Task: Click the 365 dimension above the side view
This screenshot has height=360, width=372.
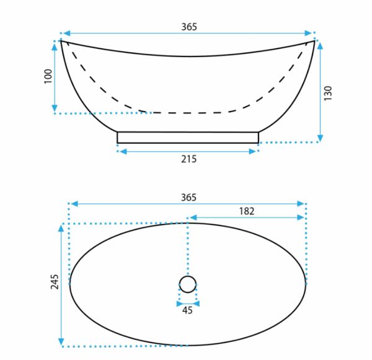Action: coord(189,27)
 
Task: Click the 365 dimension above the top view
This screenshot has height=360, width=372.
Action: coord(189,197)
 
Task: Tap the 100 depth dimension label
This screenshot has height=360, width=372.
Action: coord(48,76)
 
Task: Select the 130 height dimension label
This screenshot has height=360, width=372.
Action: coord(328,93)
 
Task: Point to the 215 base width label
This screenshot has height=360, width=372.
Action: coord(189,159)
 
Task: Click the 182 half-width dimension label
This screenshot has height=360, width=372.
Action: coord(247,211)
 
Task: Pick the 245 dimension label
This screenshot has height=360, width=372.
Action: coord(55,282)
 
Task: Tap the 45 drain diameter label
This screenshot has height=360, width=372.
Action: coord(187,310)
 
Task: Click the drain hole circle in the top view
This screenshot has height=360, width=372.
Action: coord(188,276)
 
